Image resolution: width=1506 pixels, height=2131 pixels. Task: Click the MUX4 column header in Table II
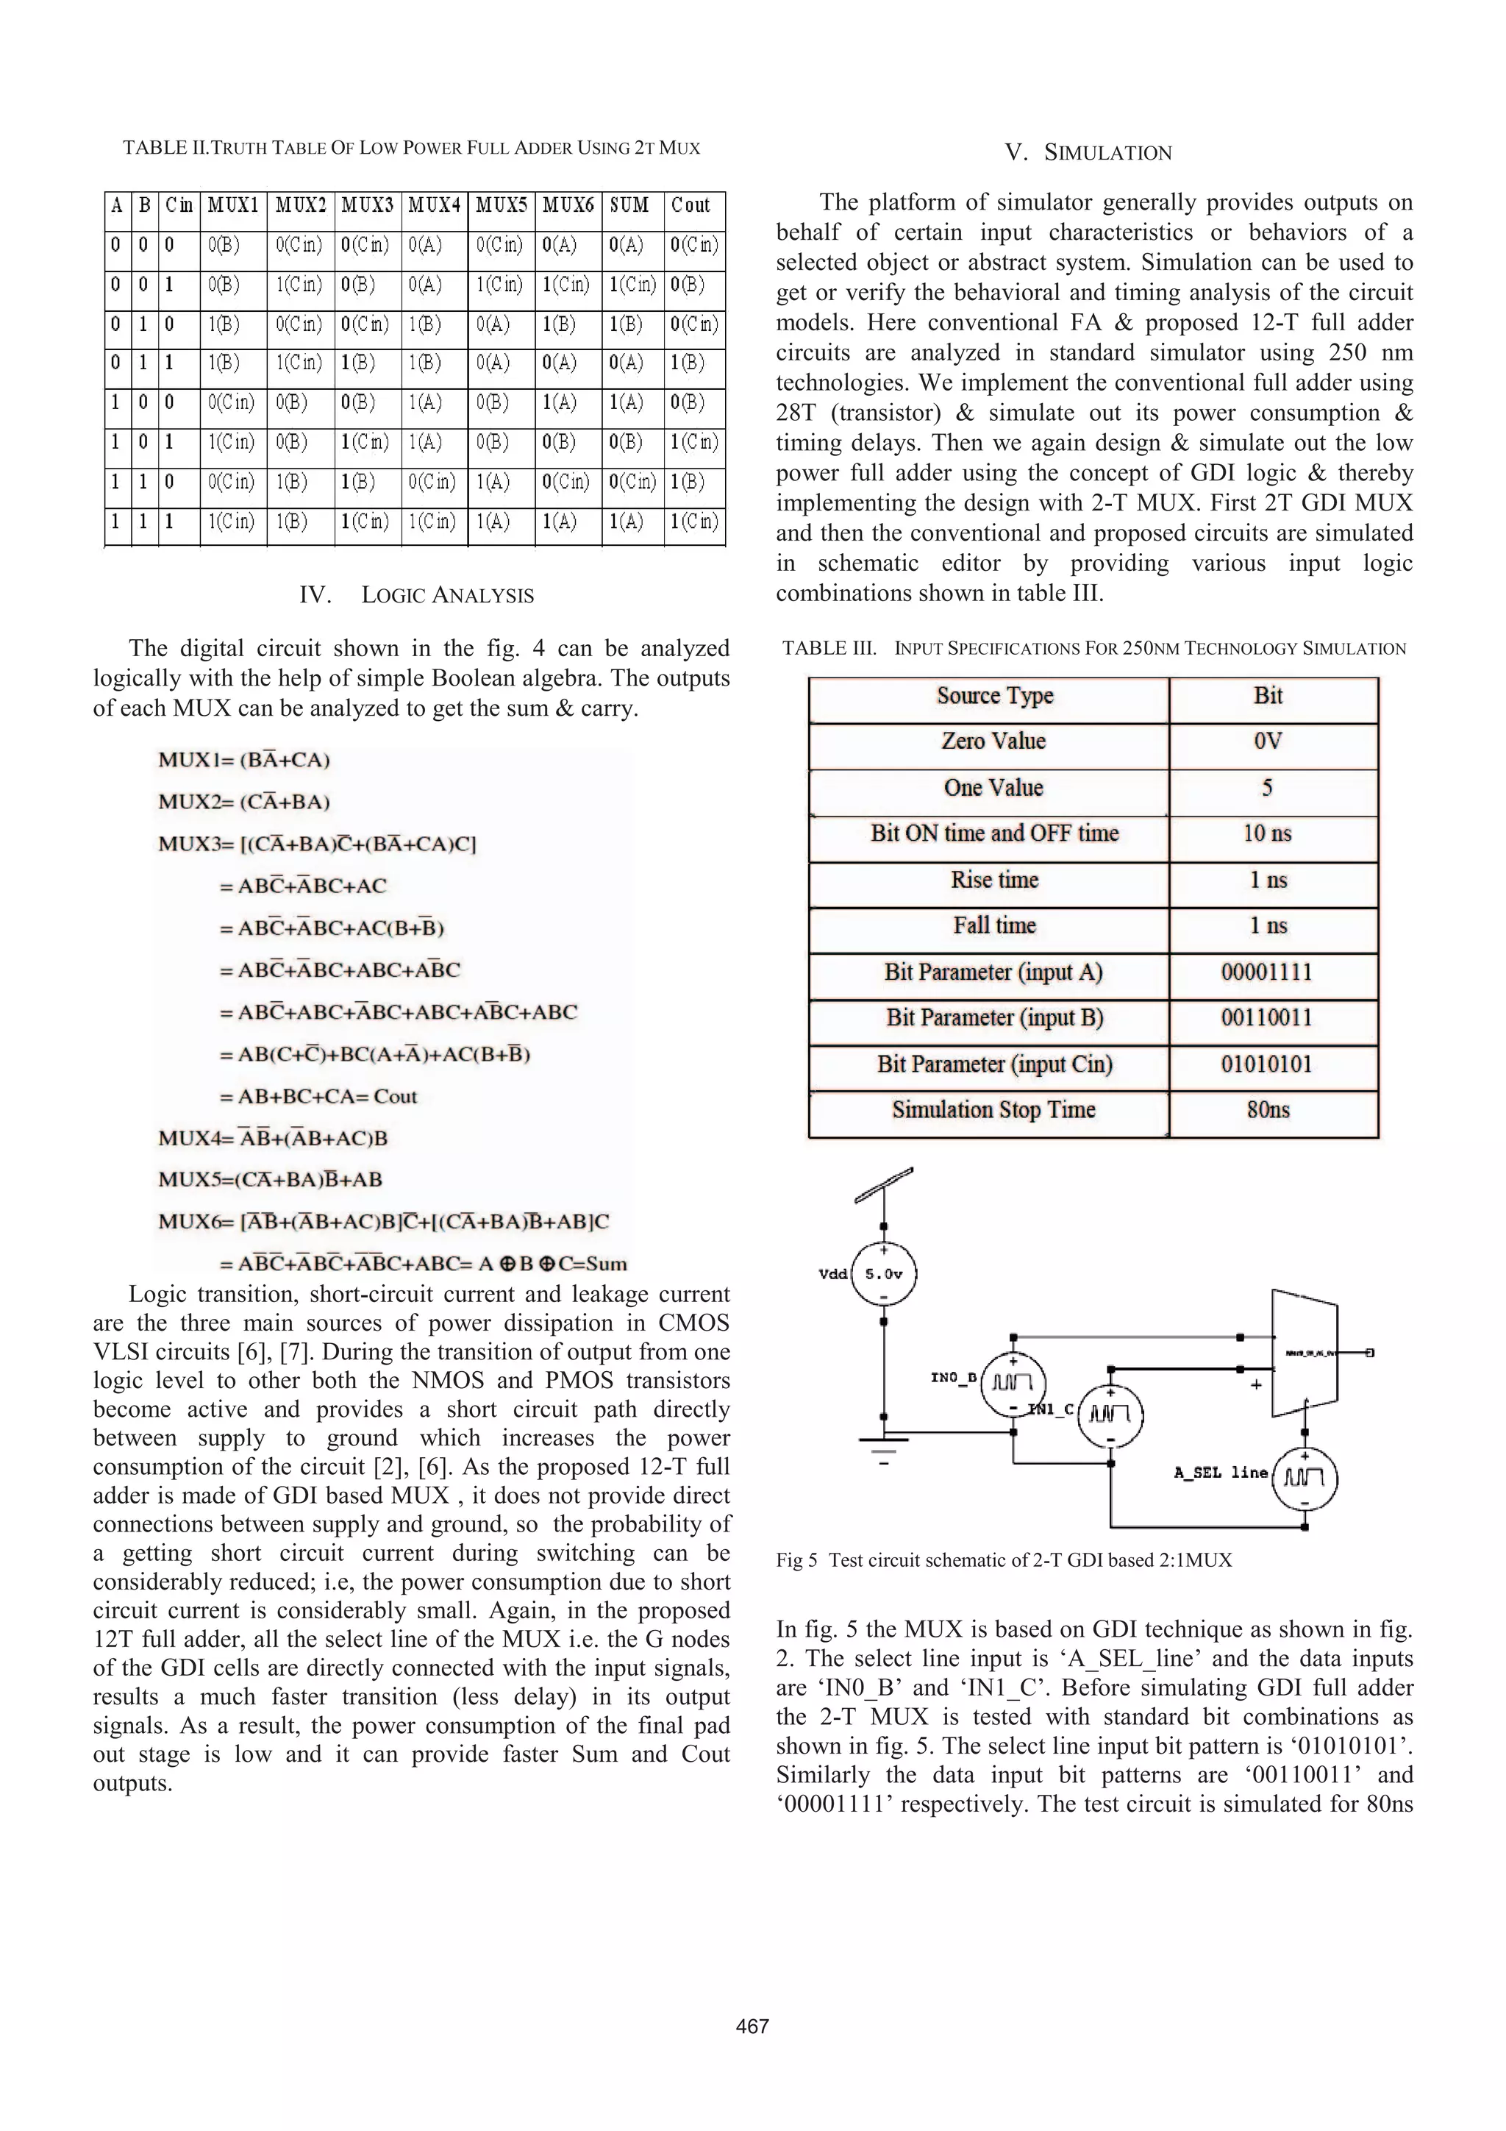click(435, 205)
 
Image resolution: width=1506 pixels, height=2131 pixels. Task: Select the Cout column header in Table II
click(690, 205)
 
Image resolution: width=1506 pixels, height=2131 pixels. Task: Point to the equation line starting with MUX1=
click(244, 760)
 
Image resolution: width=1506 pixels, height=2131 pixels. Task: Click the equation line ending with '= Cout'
click(318, 1096)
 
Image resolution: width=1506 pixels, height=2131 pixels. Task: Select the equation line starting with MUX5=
click(270, 1180)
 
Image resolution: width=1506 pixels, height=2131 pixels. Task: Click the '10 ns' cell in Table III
click(1268, 833)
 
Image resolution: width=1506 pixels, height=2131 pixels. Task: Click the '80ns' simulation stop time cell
click(1268, 1110)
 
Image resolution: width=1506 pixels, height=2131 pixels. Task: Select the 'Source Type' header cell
click(995, 696)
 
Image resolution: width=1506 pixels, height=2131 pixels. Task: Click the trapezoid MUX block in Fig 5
click(1304, 1352)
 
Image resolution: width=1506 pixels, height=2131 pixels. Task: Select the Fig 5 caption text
click(1003, 1560)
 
